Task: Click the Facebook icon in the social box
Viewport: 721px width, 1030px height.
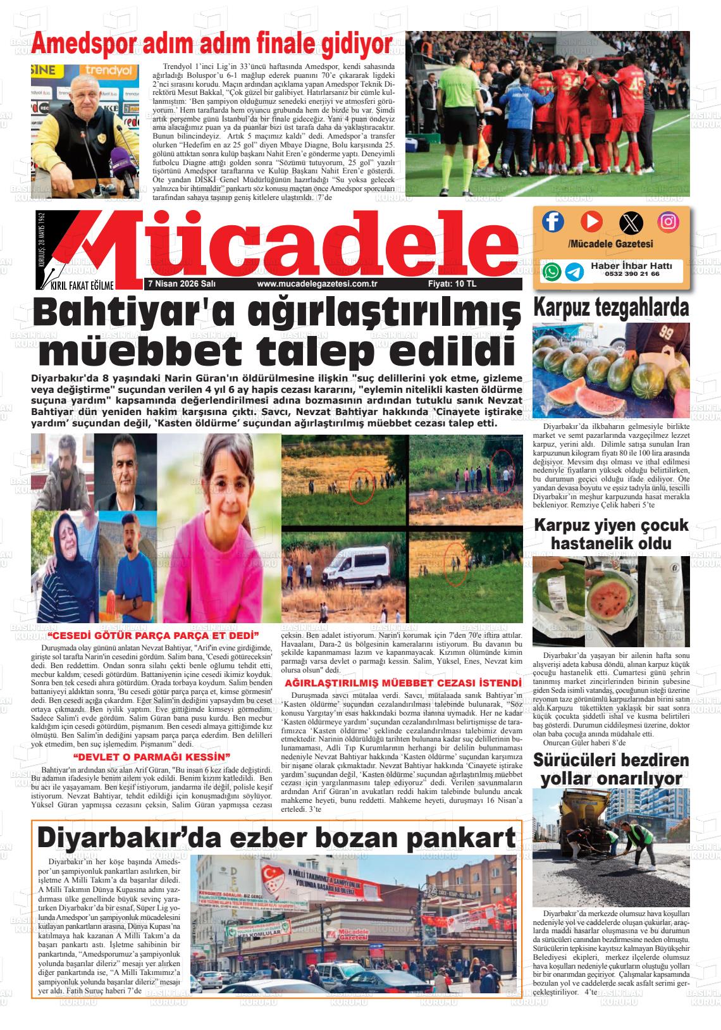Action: pos(553,221)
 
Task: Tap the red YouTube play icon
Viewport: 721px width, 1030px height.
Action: pos(591,221)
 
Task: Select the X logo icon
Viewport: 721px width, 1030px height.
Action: pos(631,221)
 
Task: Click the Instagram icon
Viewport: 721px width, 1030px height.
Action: pos(668,221)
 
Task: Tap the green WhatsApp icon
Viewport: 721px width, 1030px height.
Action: pos(552,271)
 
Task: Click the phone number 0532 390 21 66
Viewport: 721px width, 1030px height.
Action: pos(632,274)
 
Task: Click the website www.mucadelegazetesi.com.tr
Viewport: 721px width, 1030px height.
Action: pos(317,284)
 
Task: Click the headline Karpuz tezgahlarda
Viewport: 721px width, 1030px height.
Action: pos(611,307)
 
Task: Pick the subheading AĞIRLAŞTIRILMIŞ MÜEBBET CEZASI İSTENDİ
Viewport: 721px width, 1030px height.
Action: pos(403,683)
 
